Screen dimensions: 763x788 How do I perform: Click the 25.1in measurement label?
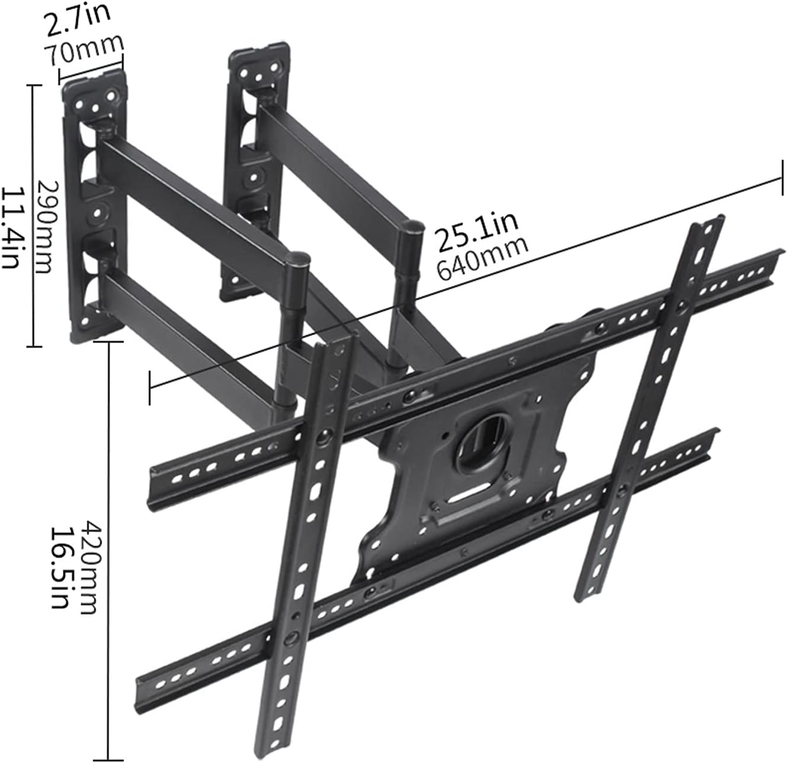pyautogui.click(x=477, y=228)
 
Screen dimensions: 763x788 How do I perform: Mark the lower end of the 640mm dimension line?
pyautogui.click(x=151, y=387)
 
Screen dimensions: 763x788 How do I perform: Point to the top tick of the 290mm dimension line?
pyautogui.click(x=34, y=86)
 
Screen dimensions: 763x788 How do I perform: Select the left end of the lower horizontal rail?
pyautogui.click(x=140, y=677)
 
